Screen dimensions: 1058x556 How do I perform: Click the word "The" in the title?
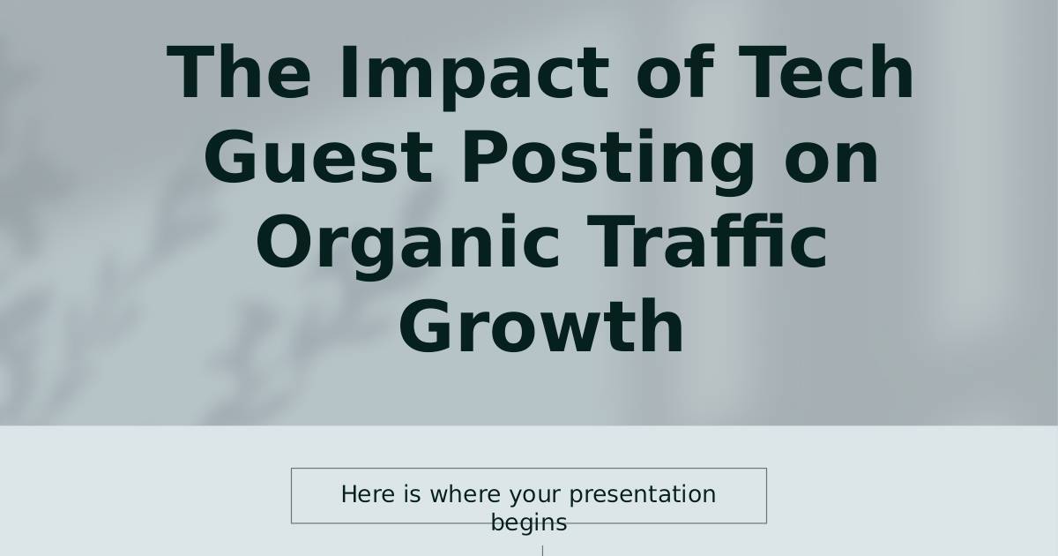pyautogui.click(x=239, y=71)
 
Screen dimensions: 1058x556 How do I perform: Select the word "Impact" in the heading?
pyautogui.click(x=474, y=77)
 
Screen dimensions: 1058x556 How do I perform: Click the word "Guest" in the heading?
pyautogui.click(x=318, y=156)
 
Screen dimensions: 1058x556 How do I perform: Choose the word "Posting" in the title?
pyautogui.click(x=607, y=162)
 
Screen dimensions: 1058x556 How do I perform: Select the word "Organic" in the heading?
pyautogui.click(x=408, y=246)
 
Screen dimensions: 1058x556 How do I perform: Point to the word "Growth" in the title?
pyautogui.click(x=541, y=326)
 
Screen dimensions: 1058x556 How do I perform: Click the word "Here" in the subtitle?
pyautogui.click(x=368, y=494)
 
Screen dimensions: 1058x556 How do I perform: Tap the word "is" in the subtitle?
pyautogui.click(x=412, y=494)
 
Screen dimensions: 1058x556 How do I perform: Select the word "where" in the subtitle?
pyautogui.click(x=465, y=494)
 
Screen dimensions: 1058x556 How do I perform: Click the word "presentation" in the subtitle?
pyautogui.click(x=643, y=495)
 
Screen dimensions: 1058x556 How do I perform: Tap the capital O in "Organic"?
pyautogui.click(x=284, y=241)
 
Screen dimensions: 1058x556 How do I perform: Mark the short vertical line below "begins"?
pyautogui.click(x=543, y=551)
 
